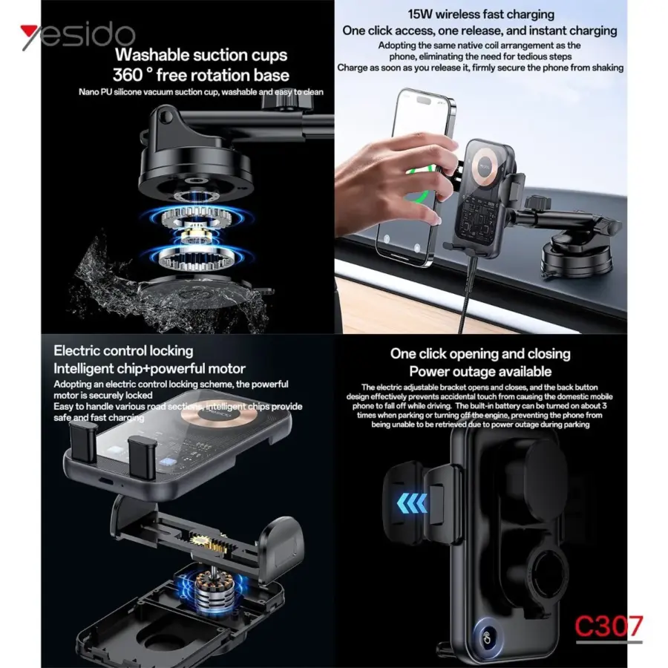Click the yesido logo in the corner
pos(78,36)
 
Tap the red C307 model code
pos(609,626)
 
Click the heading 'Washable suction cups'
pos(201,56)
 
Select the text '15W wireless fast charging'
pos(481,15)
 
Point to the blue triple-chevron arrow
pos(411,503)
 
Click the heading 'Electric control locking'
pos(123,351)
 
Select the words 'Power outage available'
pos(480,372)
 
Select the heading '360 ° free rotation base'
pos(201,76)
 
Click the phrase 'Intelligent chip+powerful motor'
pos(149,368)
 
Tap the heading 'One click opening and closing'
pos(480,353)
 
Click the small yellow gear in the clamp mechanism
pos(200,540)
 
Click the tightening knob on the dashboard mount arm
pos(537,203)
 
